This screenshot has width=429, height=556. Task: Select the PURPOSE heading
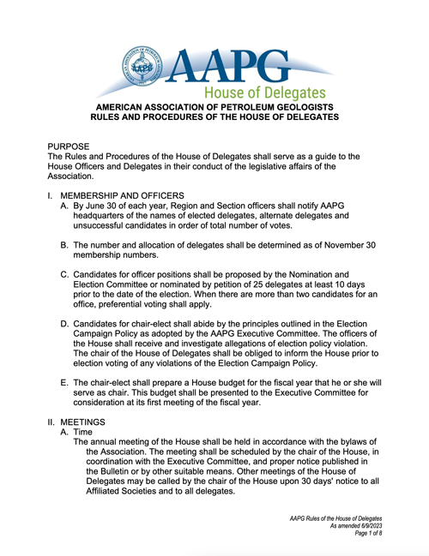tap(72, 148)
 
